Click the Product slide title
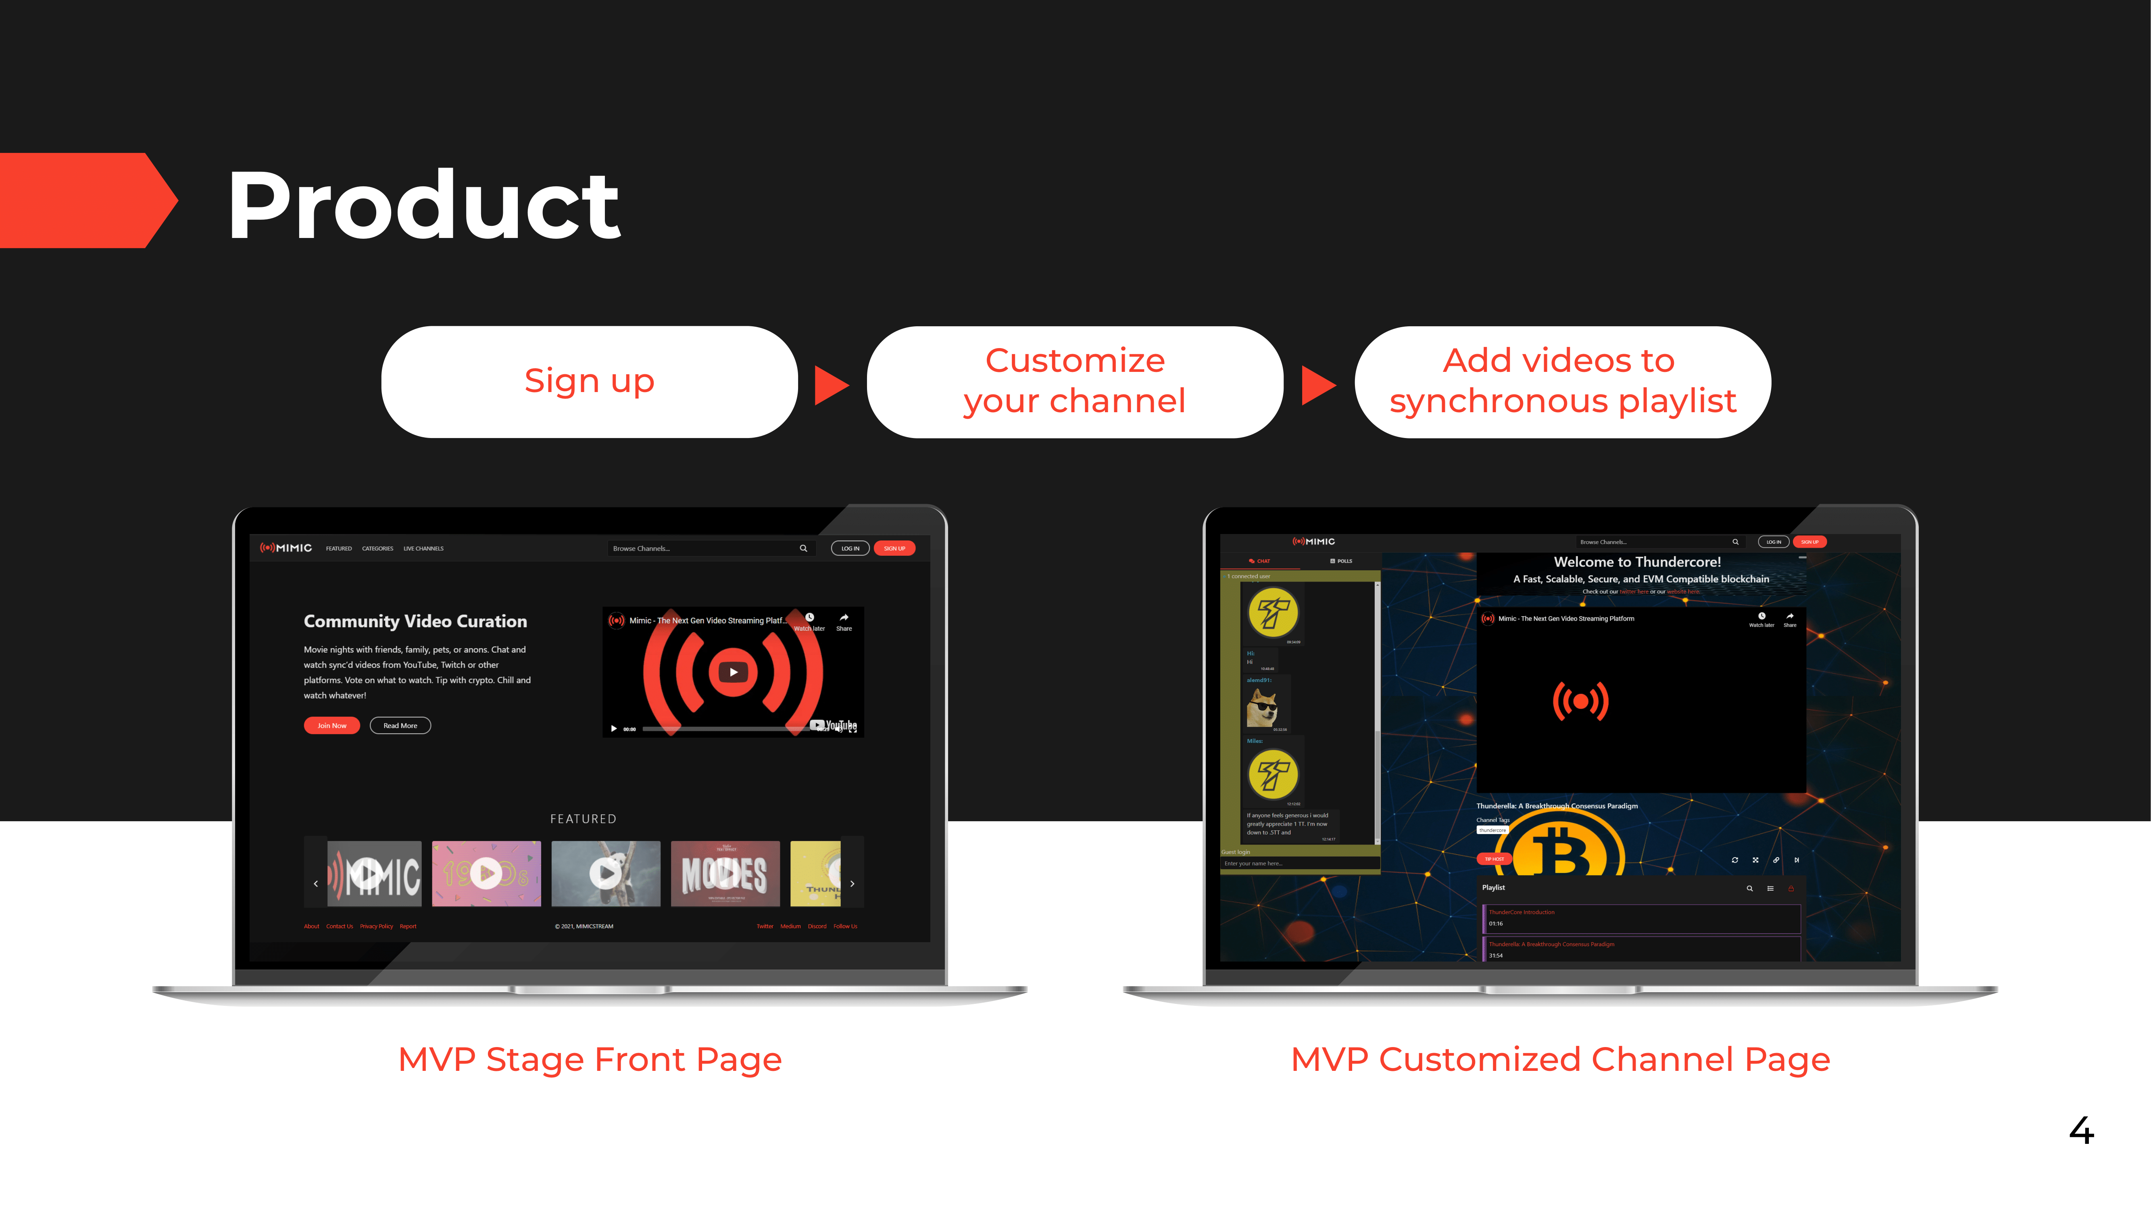[423, 205]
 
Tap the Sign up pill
[590, 382]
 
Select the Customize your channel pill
[1075, 382]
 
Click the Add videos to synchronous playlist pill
[1561, 382]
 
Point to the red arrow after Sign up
[831, 385]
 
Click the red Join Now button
[331, 726]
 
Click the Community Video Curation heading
[415, 621]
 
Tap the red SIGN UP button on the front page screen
[894, 549]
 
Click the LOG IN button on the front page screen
[850, 549]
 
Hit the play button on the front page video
[733, 672]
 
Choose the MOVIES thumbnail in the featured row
[725, 874]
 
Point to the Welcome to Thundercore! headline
[1636, 562]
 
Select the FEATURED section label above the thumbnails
[583, 819]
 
